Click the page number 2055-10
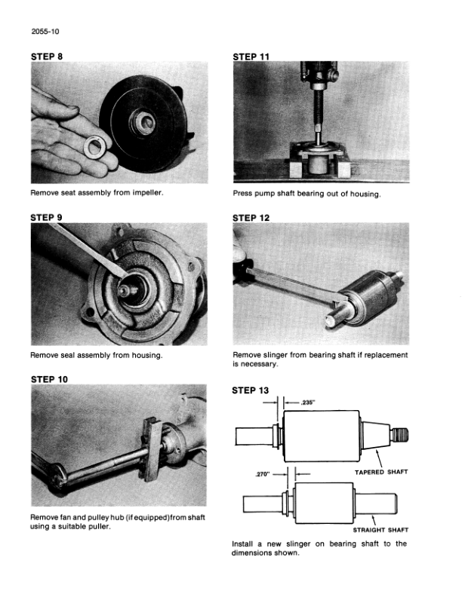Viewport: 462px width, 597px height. [45, 31]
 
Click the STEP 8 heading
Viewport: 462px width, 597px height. [47, 57]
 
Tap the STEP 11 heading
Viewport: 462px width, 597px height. [251, 57]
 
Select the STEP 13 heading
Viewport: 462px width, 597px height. [250, 390]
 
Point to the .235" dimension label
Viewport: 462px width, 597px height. [307, 403]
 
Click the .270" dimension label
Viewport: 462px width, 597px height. [262, 474]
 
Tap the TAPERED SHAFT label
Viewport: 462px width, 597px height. [381, 472]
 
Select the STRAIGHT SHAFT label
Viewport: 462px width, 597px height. [380, 530]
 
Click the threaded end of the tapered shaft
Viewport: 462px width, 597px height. [399, 435]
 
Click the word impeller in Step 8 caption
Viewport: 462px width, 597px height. [147, 193]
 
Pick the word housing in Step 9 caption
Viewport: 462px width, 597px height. [146, 355]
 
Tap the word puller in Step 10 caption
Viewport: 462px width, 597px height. [99, 527]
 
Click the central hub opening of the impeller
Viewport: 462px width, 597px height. [145, 122]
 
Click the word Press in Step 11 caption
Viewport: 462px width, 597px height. [242, 194]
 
